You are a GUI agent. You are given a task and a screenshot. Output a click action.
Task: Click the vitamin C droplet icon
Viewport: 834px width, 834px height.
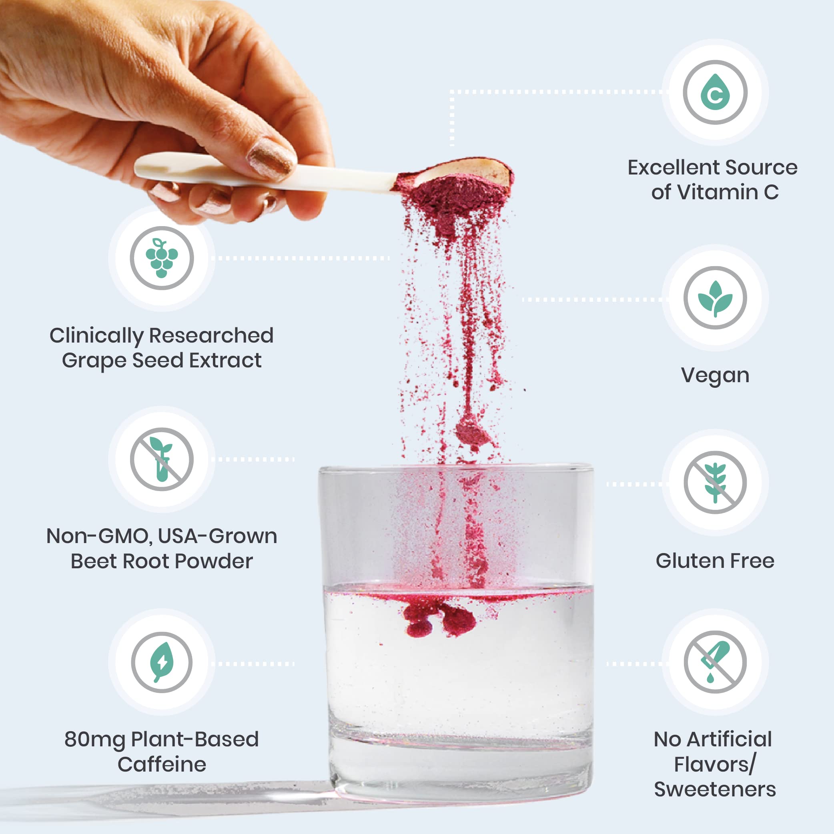[715, 92]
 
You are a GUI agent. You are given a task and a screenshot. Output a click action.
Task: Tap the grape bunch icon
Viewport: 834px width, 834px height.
[161, 258]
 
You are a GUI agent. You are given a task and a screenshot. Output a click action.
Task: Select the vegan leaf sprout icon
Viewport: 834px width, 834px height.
[715, 298]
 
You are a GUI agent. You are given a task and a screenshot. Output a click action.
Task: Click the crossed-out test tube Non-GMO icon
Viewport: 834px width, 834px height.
[161, 459]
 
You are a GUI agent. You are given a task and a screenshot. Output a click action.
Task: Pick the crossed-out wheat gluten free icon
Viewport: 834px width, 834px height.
[715, 483]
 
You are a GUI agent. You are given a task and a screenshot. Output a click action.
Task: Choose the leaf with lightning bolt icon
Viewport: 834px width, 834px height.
[161, 662]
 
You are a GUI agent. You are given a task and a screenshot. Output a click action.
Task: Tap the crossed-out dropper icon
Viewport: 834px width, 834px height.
[715, 662]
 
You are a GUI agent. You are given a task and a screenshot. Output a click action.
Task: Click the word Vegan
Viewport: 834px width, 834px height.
[715, 375]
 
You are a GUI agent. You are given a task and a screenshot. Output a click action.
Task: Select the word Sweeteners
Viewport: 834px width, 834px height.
[715, 790]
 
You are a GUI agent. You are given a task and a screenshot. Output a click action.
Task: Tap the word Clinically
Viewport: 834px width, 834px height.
[96, 336]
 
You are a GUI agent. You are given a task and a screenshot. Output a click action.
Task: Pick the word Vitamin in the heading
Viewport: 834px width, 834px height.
[717, 192]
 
